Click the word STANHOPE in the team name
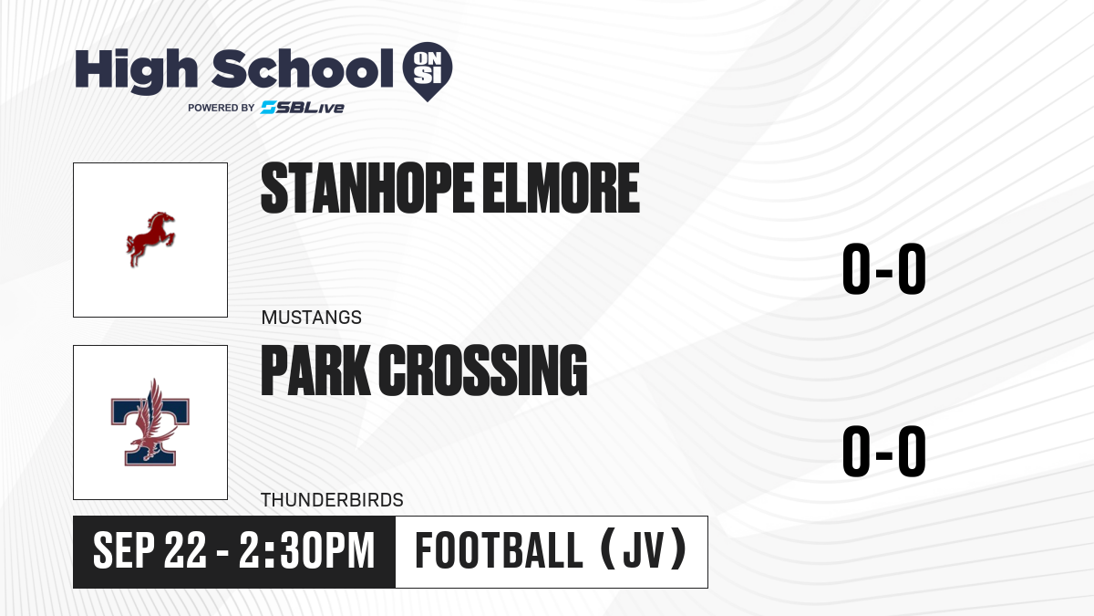click(x=367, y=188)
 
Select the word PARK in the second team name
click(x=315, y=371)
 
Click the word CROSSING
click(x=482, y=371)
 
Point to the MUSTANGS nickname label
click(x=312, y=318)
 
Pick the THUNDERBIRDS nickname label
click(x=332, y=500)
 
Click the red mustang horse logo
click(x=150, y=239)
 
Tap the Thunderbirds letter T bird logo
click(x=150, y=423)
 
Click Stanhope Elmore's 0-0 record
click(x=884, y=268)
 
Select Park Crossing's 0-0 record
click(x=884, y=451)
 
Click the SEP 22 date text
click(x=150, y=550)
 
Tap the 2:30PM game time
click(x=306, y=550)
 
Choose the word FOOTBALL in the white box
click(x=499, y=550)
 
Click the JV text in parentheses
click(x=644, y=550)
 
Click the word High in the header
click(x=137, y=70)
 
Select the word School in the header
click(x=303, y=68)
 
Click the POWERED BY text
click(x=222, y=108)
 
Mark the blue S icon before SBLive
click(x=269, y=108)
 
